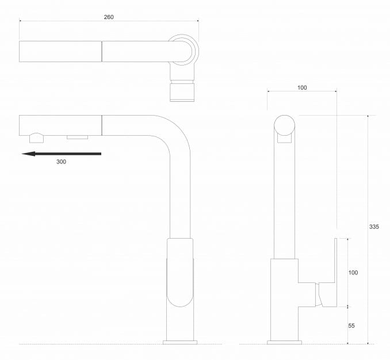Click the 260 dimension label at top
[109, 17]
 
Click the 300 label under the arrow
[62, 162]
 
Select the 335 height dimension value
[374, 227]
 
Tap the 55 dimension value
[351, 325]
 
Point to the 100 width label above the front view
[302, 87]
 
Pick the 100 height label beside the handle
[353, 272]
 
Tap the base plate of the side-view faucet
[180, 342]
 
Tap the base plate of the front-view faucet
[285, 342]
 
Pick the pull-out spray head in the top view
[60, 52]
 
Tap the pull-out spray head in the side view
[60, 124]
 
